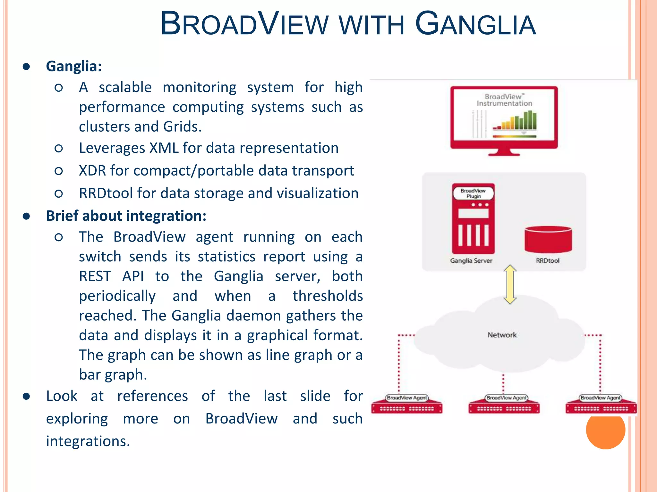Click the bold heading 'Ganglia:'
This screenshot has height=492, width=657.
point(74,66)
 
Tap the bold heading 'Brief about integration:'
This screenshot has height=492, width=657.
point(126,216)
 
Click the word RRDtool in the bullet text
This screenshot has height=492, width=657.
point(106,193)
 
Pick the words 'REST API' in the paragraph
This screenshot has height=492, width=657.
point(111,276)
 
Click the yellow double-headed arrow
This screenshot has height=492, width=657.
point(510,284)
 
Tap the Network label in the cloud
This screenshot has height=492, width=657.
point(502,335)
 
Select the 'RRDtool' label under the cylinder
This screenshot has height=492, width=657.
point(548,261)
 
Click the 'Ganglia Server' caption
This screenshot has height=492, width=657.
point(471,261)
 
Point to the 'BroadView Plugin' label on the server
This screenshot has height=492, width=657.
point(473,193)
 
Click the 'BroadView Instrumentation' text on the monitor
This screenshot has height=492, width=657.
point(504,100)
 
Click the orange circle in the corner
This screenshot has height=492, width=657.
point(605,431)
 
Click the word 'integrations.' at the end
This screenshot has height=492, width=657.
point(88,441)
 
